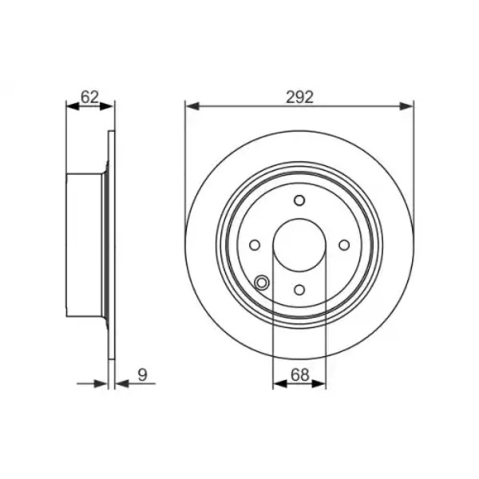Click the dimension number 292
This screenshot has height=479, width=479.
coord(299,97)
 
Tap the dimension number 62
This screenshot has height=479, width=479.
coord(89,97)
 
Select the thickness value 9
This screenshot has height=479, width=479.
coord(142,375)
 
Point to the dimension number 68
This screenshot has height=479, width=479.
coord(300,375)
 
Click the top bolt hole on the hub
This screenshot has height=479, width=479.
coord(299,200)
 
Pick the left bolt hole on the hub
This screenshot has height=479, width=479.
coord(255,245)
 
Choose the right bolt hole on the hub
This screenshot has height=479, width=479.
coord(344,245)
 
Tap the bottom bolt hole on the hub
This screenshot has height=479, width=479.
coord(299,290)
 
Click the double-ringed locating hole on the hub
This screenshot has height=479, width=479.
coord(262,283)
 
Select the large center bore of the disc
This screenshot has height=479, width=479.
coord(299,245)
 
